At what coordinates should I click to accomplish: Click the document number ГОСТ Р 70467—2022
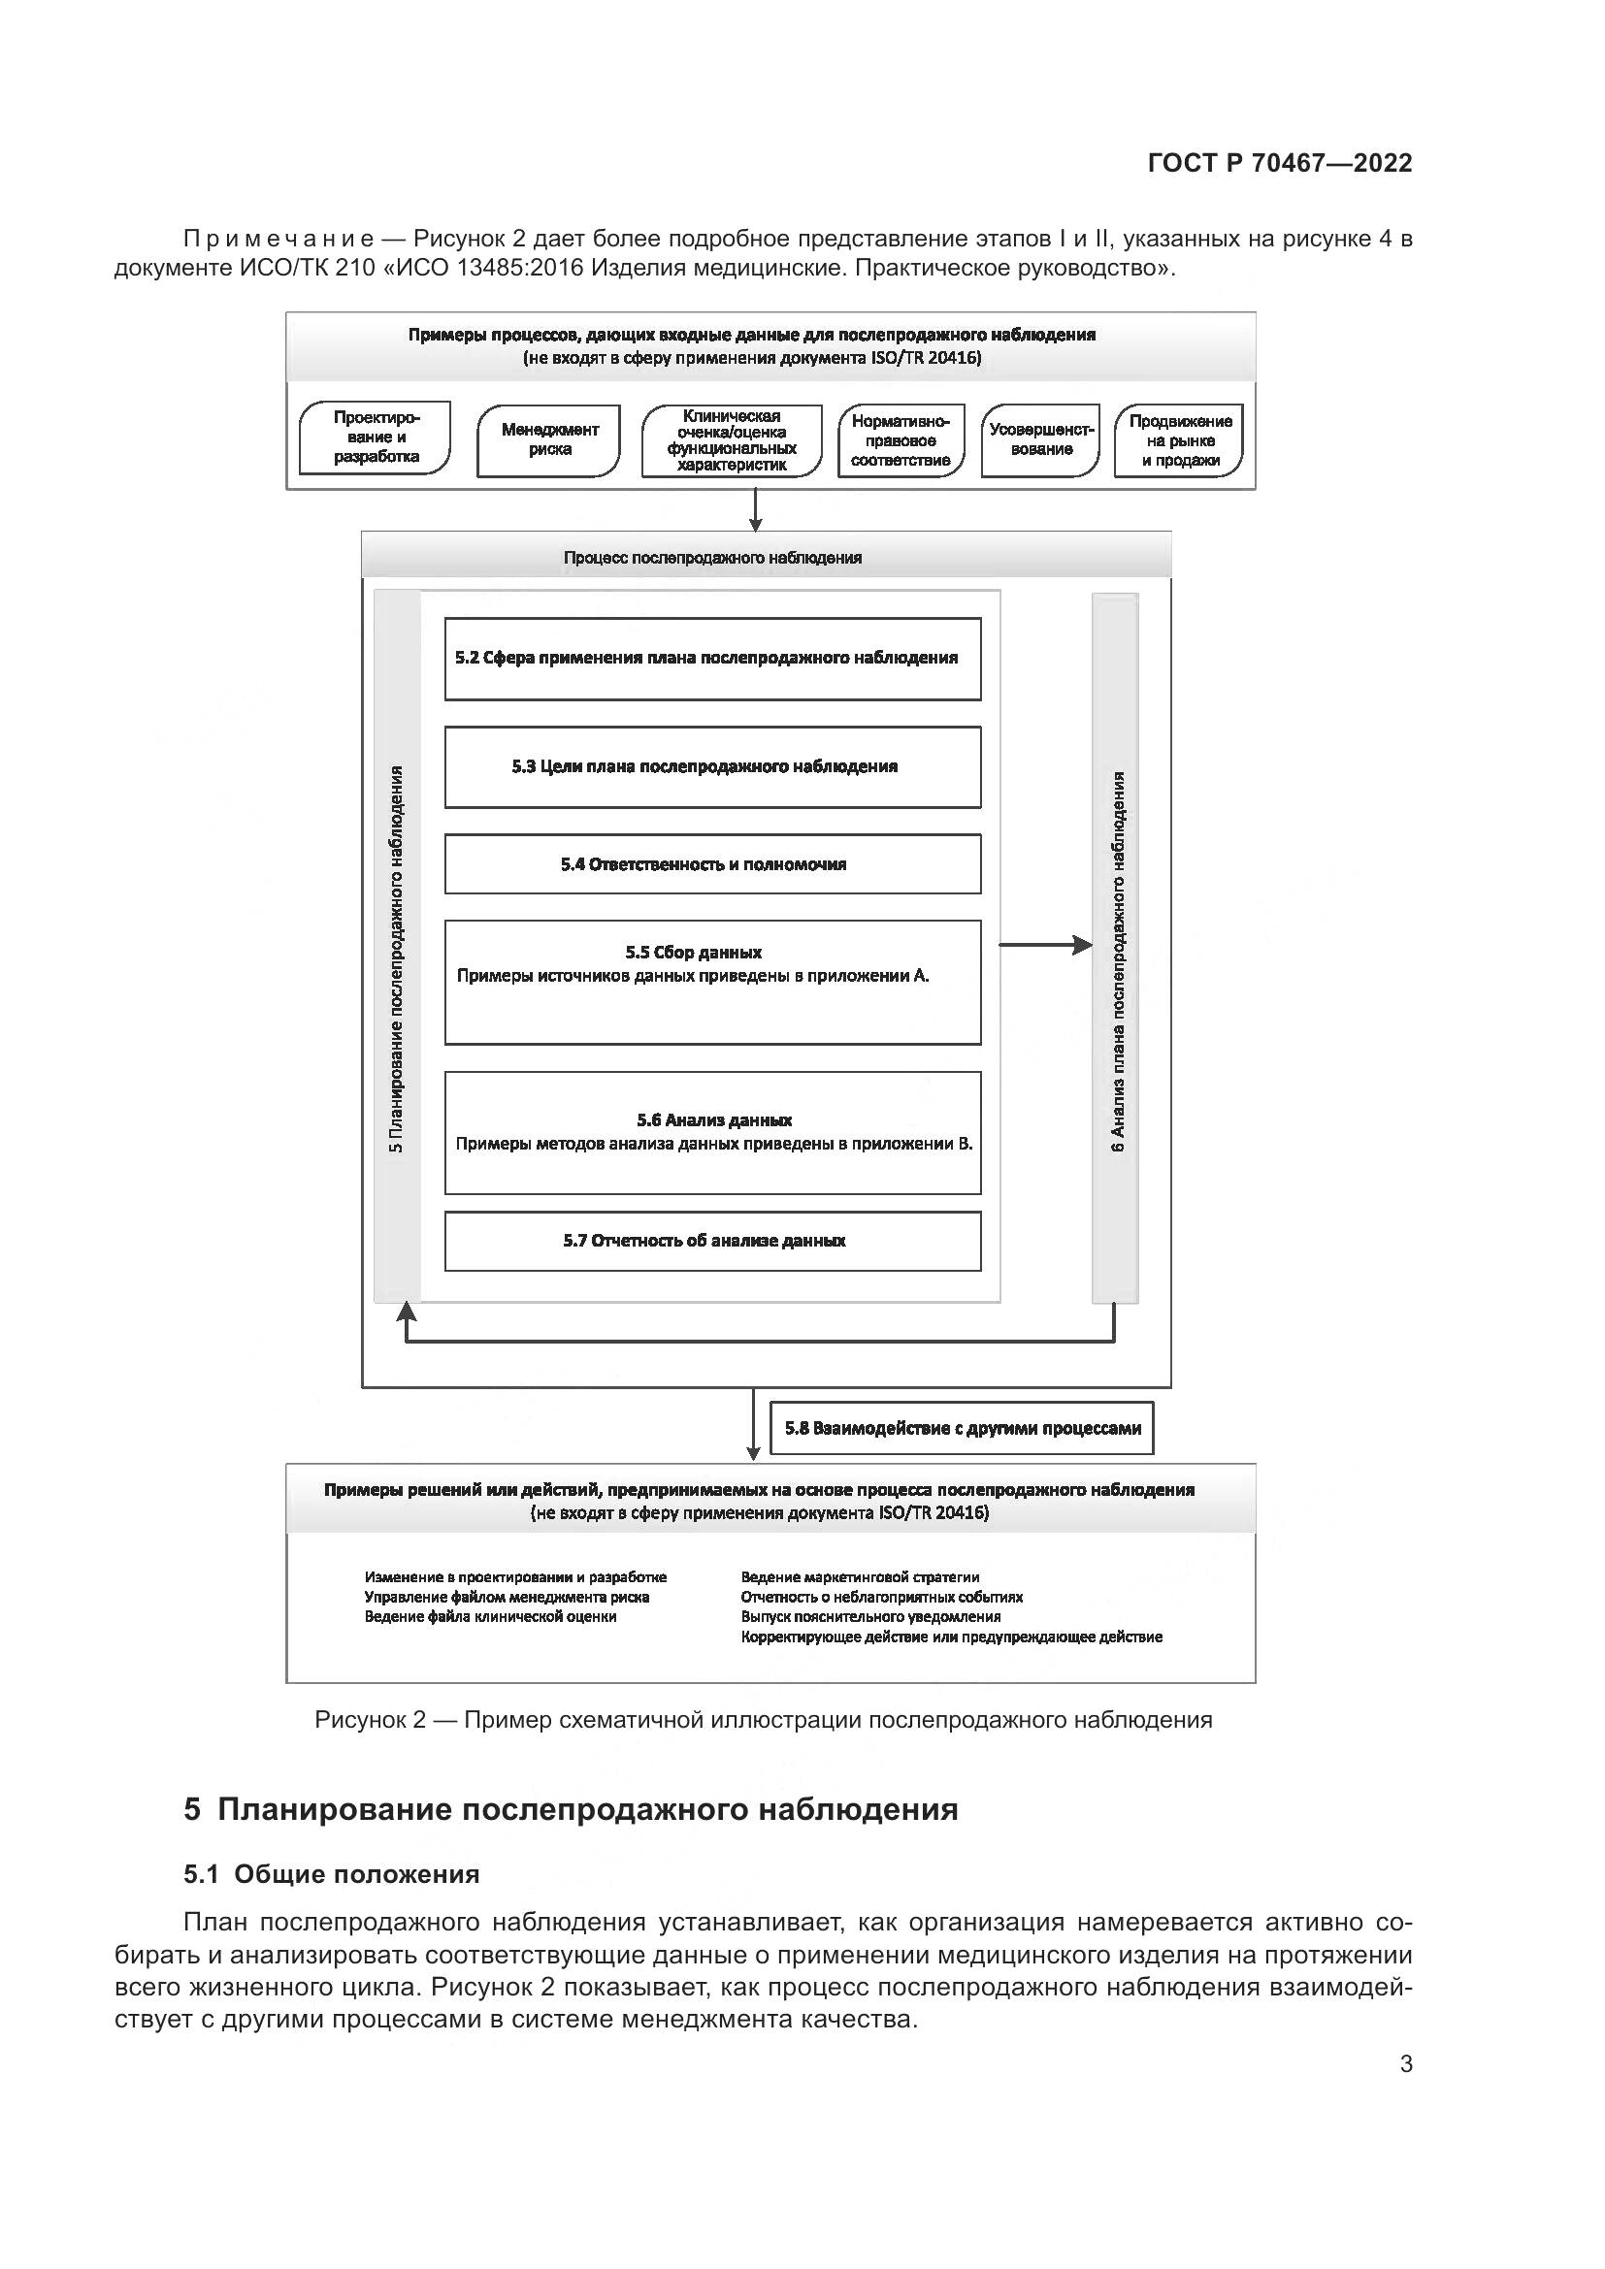click(1280, 163)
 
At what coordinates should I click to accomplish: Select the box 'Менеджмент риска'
click(548, 440)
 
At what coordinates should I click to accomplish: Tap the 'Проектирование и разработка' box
click(376, 438)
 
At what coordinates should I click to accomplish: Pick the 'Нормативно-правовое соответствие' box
click(901, 440)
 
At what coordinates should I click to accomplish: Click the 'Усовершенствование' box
click(1040, 440)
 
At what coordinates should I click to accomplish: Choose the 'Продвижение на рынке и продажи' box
click(1179, 440)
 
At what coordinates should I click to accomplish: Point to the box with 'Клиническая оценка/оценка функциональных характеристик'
click(732, 440)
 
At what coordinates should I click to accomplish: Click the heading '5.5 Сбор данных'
click(693, 953)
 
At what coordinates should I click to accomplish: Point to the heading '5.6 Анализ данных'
click(713, 1120)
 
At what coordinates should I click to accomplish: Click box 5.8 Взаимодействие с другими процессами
click(962, 1428)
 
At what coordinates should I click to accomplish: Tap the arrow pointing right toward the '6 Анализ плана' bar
click(1046, 946)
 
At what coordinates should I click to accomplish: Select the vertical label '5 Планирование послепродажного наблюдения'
click(396, 958)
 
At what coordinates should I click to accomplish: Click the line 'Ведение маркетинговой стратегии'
click(860, 1577)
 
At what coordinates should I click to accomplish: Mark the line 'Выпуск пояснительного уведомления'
click(870, 1617)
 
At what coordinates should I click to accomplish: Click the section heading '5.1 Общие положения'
click(331, 1875)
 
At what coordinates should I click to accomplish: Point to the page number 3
click(1405, 2063)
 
